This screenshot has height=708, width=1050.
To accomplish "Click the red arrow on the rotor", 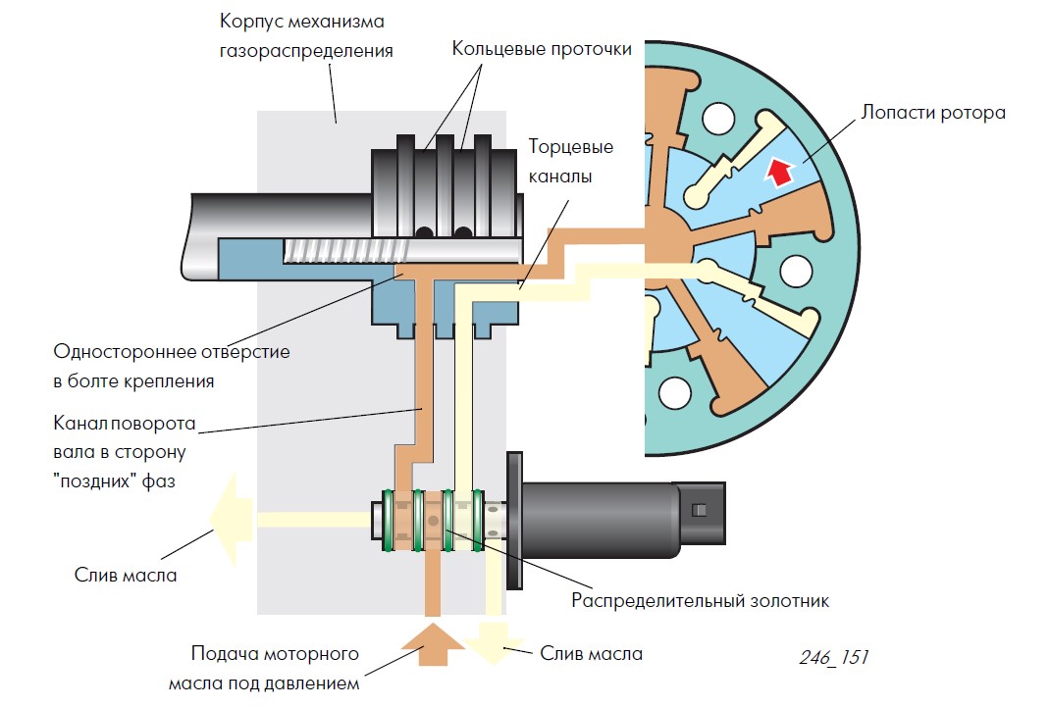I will (x=778, y=173).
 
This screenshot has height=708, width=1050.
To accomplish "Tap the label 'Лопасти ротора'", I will (x=932, y=112).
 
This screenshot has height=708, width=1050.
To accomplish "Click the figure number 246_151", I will (x=831, y=657).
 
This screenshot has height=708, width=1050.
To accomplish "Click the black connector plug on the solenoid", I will (x=698, y=510).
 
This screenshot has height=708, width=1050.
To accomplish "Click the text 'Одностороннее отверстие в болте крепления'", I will (x=172, y=366).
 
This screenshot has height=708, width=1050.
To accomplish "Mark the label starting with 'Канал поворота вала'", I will (x=125, y=454).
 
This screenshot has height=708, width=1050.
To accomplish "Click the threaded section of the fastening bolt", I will (x=340, y=252).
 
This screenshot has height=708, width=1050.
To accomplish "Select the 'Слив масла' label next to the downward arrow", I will (x=592, y=653).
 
